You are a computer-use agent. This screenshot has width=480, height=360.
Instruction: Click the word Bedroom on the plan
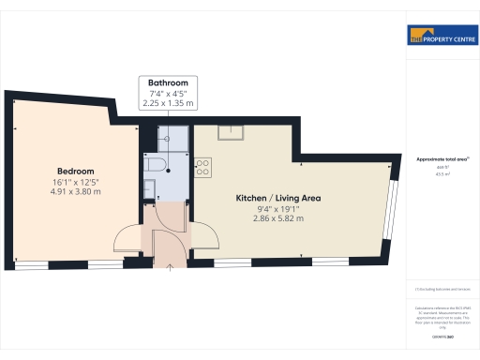(x=76, y=171)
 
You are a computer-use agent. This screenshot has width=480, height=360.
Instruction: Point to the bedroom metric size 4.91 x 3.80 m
(x=76, y=191)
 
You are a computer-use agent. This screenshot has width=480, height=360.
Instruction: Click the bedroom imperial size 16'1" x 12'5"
(x=76, y=181)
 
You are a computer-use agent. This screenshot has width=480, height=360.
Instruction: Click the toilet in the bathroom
(x=157, y=166)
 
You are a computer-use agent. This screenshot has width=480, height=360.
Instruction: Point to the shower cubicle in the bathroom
(x=173, y=139)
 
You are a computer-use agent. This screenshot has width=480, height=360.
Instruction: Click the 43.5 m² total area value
(x=442, y=173)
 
